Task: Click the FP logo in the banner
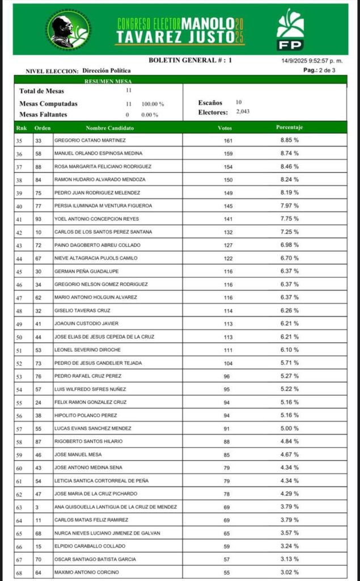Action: coord(290,29)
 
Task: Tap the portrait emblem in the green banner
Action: coord(69,30)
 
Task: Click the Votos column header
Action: coord(225,128)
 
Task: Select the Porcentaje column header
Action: coord(290,128)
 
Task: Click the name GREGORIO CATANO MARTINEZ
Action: coord(90,140)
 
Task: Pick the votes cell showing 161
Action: coord(225,140)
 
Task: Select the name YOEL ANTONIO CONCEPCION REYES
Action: coord(96,219)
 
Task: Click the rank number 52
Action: coord(19,363)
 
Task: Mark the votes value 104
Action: coord(225,363)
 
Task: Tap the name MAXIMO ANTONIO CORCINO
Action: coord(87,572)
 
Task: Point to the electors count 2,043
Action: coord(243,112)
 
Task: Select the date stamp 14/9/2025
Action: coord(296,61)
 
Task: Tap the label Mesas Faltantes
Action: coord(43,115)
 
